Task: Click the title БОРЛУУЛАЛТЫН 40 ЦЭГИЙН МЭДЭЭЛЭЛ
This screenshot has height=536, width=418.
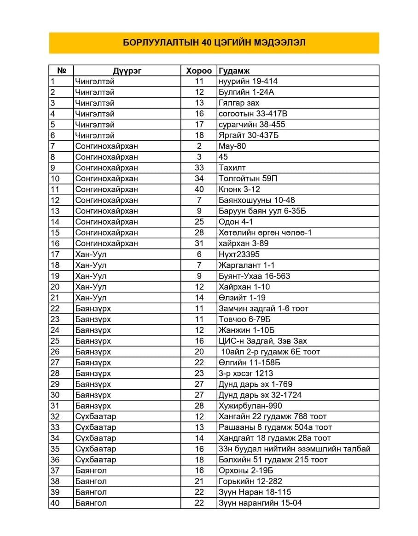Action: click(x=214, y=43)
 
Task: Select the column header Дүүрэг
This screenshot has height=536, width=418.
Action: click(x=127, y=71)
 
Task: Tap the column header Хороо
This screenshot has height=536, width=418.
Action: click(x=199, y=71)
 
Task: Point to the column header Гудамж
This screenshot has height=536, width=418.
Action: click(x=234, y=71)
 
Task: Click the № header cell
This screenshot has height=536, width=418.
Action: click(x=62, y=71)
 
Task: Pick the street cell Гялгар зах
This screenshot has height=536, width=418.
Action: click(x=239, y=103)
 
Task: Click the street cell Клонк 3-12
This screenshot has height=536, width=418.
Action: click(x=239, y=189)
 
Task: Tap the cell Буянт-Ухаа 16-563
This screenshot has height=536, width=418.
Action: click(x=255, y=276)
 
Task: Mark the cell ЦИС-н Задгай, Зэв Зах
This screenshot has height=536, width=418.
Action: click(x=263, y=341)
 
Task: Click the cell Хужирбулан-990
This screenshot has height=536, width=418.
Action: click(x=250, y=406)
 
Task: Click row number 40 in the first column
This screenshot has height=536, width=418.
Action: click(x=55, y=503)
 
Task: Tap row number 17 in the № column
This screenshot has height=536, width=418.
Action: click(x=55, y=254)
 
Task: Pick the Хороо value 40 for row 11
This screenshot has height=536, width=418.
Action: click(x=199, y=189)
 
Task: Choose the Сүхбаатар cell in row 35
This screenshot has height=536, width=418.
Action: click(x=96, y=449)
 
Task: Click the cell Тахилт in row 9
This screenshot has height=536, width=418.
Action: click(x=232, y=167)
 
